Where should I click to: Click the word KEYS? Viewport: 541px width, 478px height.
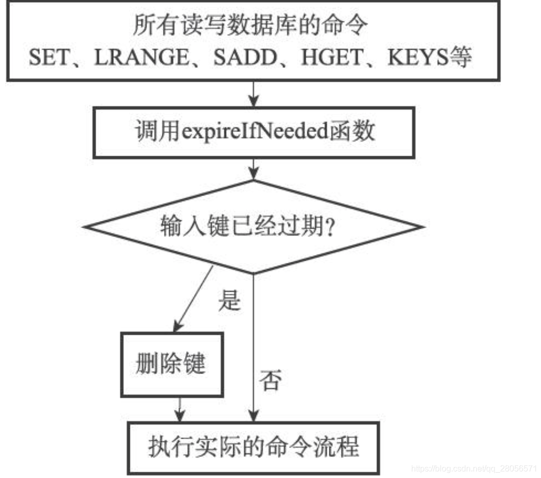click(416, 58)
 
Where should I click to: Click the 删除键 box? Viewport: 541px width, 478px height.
click(171, 364)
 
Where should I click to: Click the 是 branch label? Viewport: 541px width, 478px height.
click(229, 300)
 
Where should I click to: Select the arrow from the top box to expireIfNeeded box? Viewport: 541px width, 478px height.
click(253, 93)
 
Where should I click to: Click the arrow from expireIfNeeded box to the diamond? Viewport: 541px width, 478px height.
click(253, 169)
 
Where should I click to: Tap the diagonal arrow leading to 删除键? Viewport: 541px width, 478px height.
click(193, 298)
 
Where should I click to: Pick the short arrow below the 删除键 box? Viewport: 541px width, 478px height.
click(178, 409)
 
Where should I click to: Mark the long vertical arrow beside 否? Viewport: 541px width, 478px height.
click(253, 347)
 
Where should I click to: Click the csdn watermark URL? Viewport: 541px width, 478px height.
click(474, 468)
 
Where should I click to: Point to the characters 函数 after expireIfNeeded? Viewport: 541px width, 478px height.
click(357, 132)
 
